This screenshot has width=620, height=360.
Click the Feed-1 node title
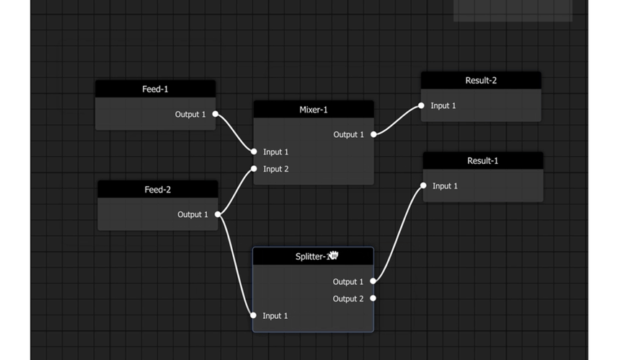click(x=155, y=89)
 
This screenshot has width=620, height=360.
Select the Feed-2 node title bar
click(x=157, y=190)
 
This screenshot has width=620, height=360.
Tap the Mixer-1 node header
click(x=313, y=110)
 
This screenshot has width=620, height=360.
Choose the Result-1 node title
click(x=482, y=161)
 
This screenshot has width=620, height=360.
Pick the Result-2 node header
click(x=481, y=81)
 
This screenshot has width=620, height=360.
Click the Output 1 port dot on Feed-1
click(x=215, y=114)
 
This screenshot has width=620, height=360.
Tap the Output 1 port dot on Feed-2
click(x=218, y=214)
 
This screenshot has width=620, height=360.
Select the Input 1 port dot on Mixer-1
click(x=254, y=152)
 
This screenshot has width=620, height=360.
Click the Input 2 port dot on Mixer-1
click(x=254, y=169)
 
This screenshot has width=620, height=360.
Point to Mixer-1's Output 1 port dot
click(x=373, y=134)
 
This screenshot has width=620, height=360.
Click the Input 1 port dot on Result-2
click(x=421, y=105)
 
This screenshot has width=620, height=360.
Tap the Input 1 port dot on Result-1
click(x=423, y=185)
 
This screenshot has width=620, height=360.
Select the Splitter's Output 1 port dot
click(x=373, y=281)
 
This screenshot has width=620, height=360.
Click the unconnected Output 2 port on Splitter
click(x=373, y=298)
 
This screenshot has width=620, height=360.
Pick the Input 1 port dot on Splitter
click(x=253, y=315)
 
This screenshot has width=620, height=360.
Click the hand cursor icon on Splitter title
click(x=333, y=256)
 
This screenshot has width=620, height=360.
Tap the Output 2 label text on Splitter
click(x=348, y=299)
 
